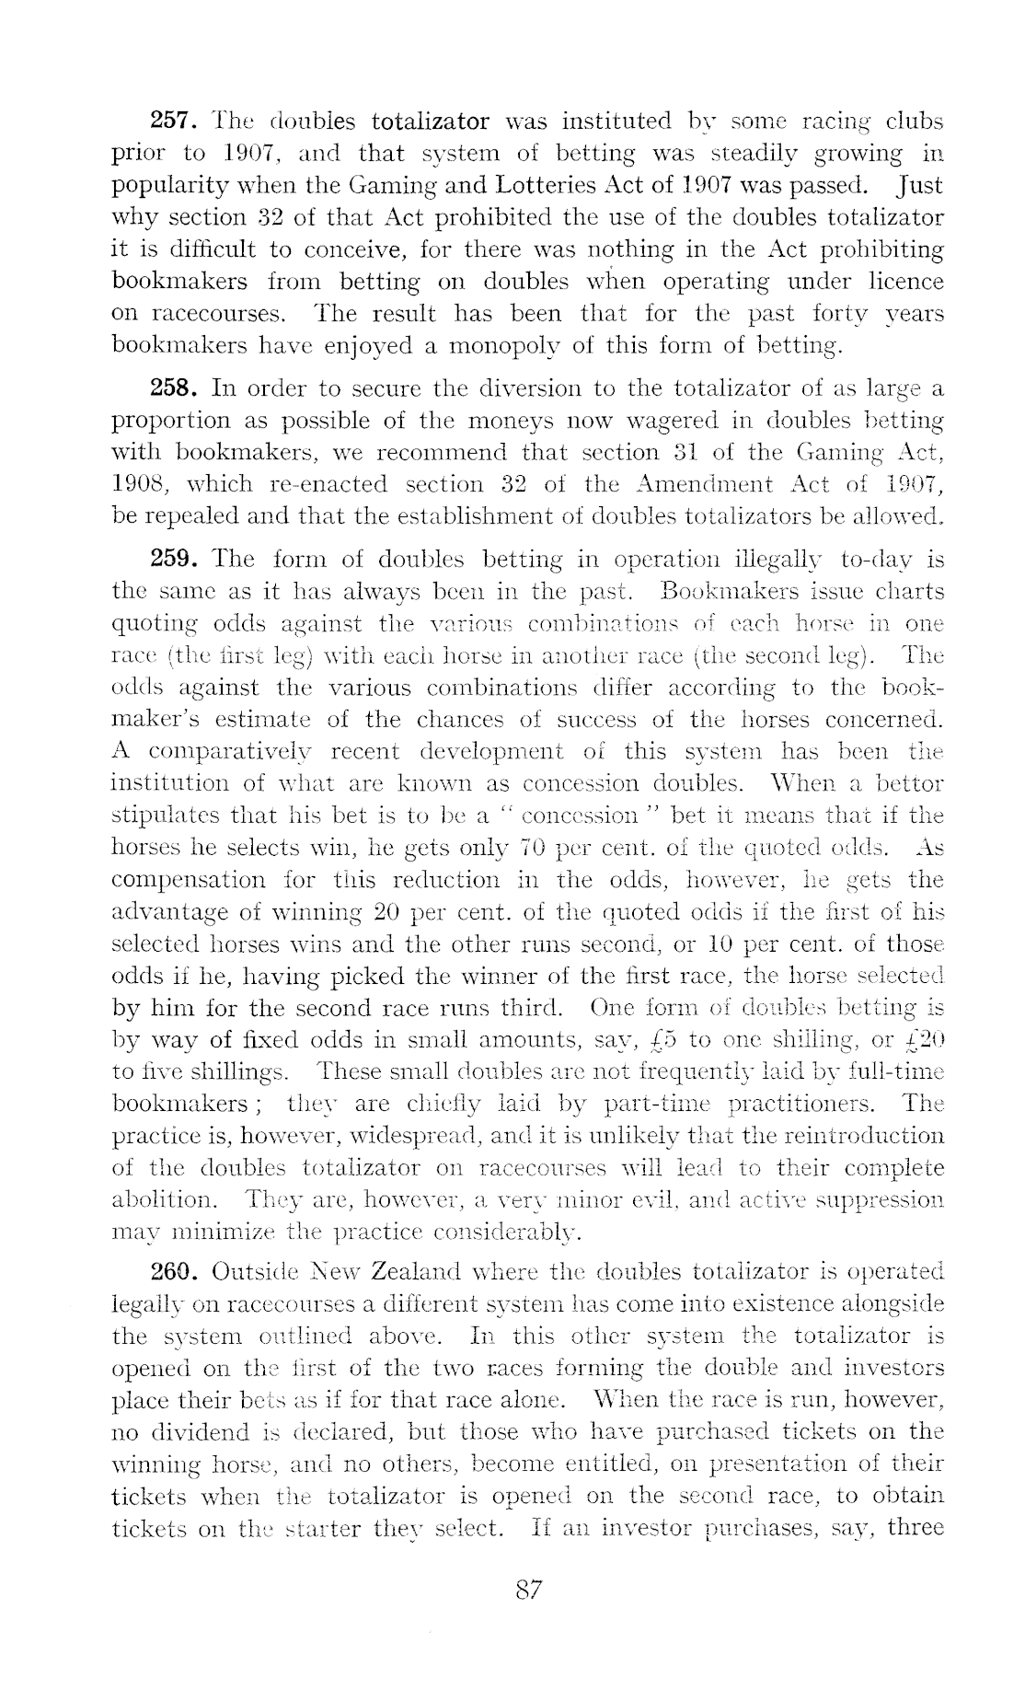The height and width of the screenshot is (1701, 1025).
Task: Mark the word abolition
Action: pos(164,1200)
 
